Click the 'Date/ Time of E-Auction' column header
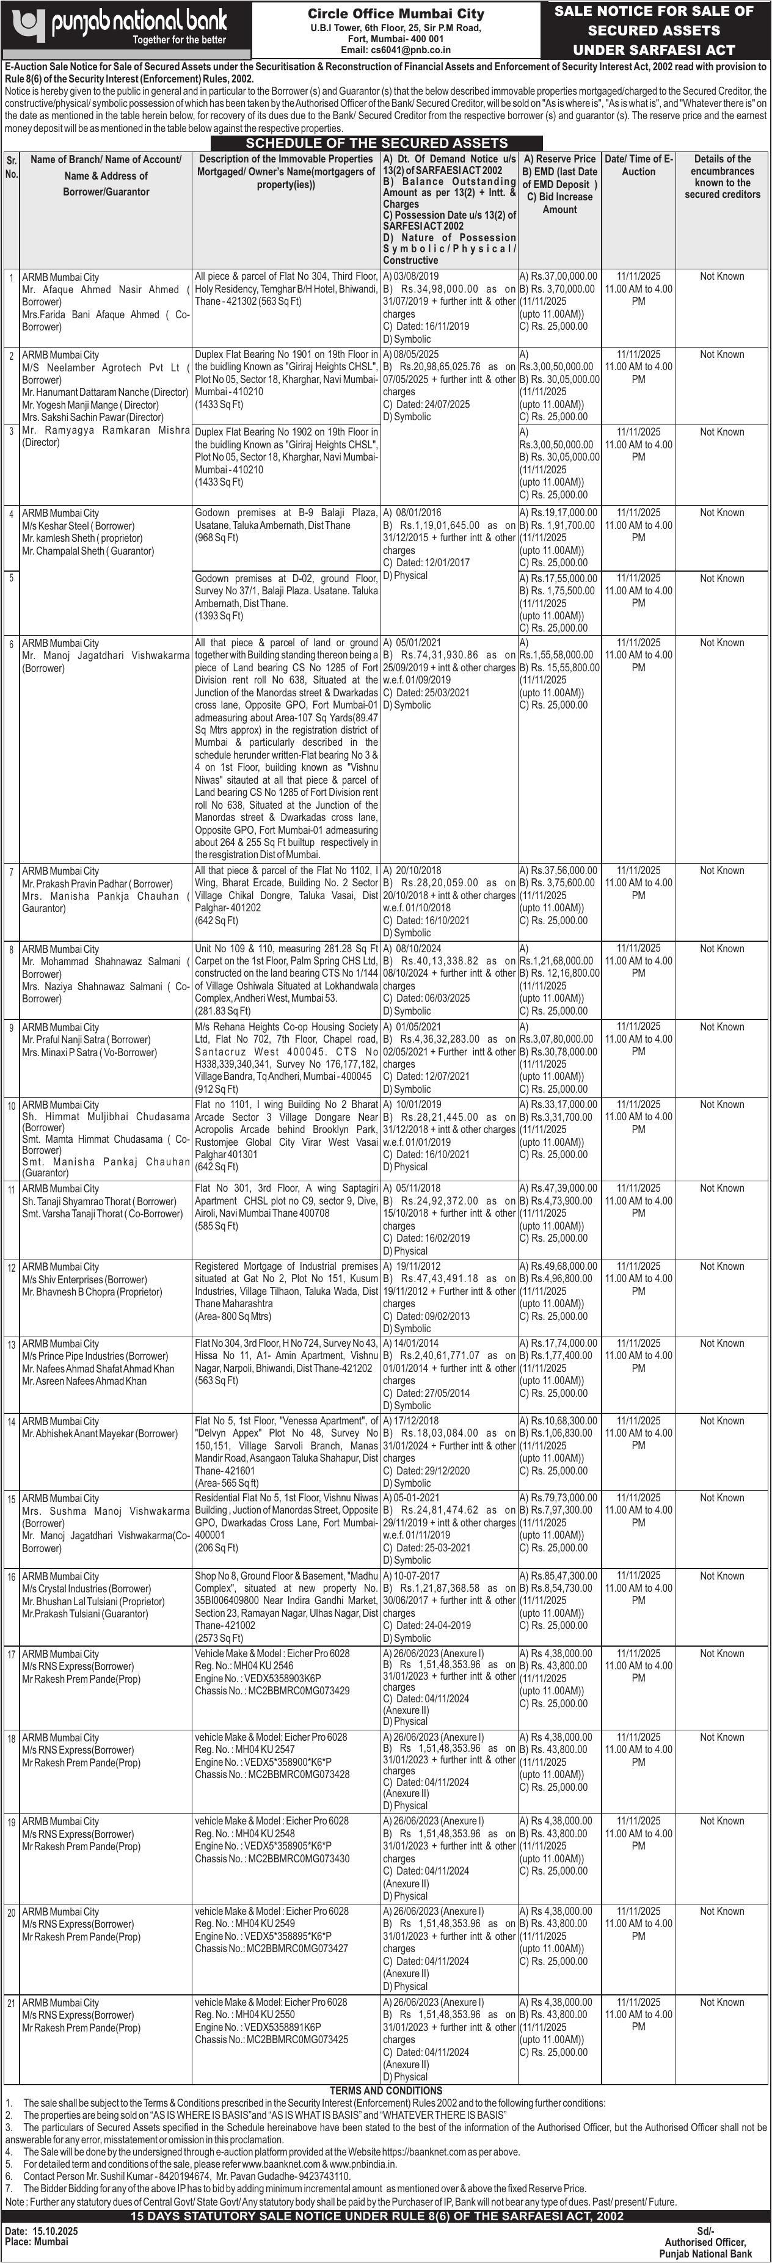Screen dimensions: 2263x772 click(x=638, y=165)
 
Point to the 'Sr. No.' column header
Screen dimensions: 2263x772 click(x=12, y=166)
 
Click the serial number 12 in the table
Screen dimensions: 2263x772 click(x=12, y=1267)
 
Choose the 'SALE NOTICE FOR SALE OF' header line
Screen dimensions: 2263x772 click(x=654, y=10)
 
